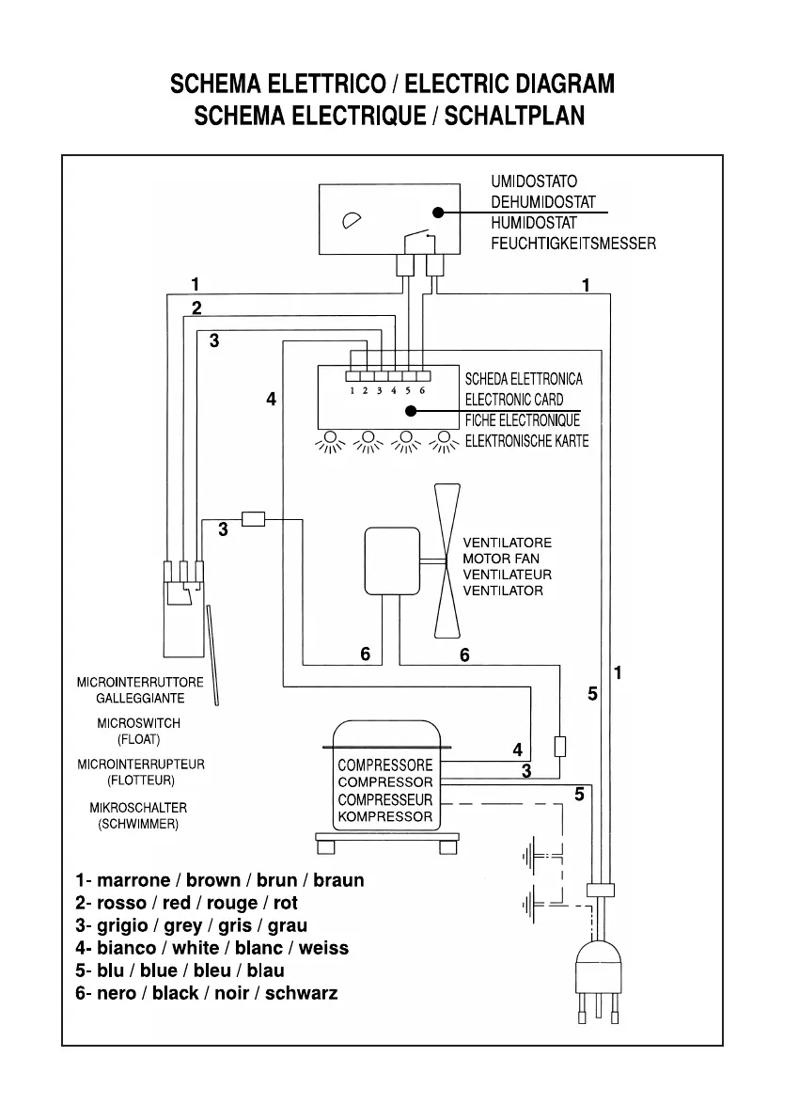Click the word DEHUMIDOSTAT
542,201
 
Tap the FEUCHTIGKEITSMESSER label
572,244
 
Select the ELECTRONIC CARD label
514,400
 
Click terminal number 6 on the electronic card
422,389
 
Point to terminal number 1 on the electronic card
352,389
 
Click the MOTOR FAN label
500,559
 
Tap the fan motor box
392,560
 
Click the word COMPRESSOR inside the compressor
385,782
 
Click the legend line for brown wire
220,881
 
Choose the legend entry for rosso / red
187,904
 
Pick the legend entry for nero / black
207,993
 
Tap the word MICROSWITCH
138,724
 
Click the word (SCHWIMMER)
138,824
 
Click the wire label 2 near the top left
196,308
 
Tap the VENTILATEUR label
507,575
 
